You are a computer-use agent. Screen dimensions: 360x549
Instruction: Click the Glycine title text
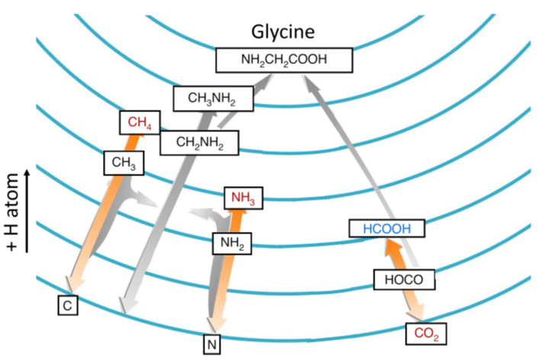point(284,32)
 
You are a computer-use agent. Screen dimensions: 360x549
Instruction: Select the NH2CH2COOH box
point(284,60)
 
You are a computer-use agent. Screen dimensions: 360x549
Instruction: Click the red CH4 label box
point(138,122)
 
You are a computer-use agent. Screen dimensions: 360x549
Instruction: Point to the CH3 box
point(123,162)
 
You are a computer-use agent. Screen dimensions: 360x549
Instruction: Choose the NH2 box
point(232,243)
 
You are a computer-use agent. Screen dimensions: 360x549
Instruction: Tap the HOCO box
point(405,279)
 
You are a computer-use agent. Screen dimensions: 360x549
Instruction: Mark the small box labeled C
point(69,306)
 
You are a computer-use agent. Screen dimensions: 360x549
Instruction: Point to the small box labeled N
point(211,345)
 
